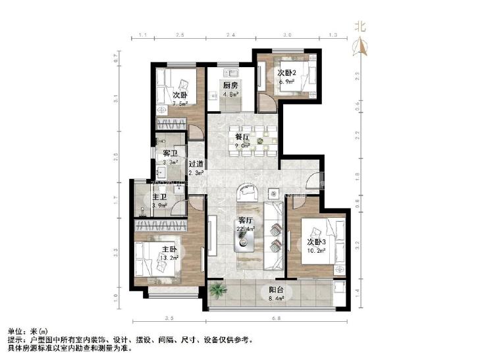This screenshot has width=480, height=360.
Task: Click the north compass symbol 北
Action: pos(360,28)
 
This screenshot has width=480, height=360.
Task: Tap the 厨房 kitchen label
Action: pos(230,86)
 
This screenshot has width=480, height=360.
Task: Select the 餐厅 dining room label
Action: pos(242,137)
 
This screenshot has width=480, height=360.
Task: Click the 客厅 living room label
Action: pos(246,220)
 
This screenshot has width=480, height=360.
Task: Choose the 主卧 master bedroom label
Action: pos(169,249)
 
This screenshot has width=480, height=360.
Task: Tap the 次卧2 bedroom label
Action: pos(287,72)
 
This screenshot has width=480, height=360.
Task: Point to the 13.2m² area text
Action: pos(169,258)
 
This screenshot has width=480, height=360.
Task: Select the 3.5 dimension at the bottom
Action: pos(169,319)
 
